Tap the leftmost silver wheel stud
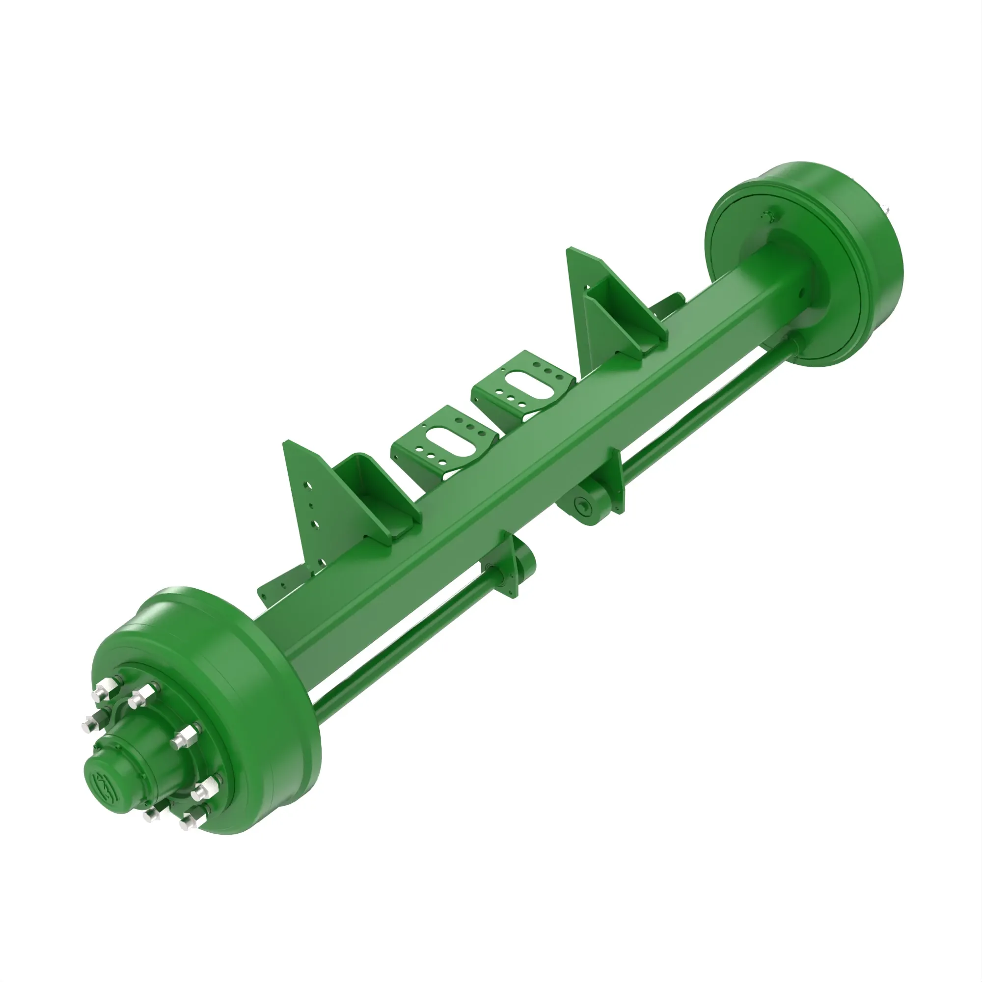pos(88,722)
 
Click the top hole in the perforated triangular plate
pos(307,486)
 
